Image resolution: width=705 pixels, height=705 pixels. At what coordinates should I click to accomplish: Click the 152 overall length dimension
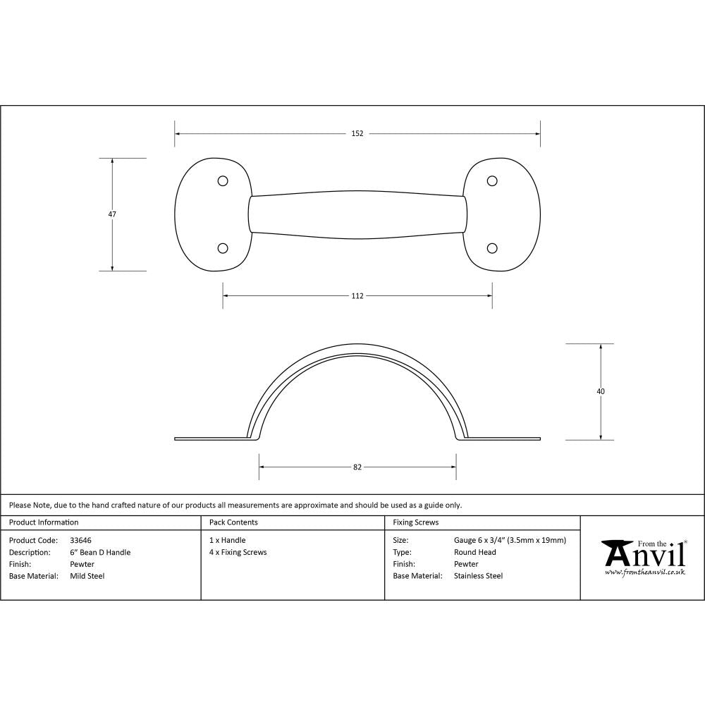coord(357,134)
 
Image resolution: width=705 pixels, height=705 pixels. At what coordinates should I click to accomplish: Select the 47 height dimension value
coord(112,214)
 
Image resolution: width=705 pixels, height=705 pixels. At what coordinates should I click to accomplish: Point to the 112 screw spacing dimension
coord(357,296)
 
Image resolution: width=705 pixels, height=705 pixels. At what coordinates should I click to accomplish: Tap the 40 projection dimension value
coord(601,391)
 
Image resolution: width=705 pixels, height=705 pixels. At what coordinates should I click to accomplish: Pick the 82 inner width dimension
coord(357,467)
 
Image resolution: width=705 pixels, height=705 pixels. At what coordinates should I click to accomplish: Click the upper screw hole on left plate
coord(223,181)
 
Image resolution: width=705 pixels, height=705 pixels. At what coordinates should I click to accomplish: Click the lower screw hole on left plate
coord(223,248)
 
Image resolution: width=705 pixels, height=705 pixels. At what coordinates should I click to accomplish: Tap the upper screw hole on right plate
coord(492,181)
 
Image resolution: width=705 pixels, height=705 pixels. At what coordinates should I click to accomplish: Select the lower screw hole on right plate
coord(492,248)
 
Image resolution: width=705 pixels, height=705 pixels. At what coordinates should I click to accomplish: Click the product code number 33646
coord(80,541)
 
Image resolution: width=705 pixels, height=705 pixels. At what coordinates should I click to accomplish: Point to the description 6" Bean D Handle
coord(100,553)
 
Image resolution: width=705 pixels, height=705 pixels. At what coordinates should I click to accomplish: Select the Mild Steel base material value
coord(87,576)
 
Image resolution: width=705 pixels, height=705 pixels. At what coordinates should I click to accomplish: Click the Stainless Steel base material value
coord(478,576)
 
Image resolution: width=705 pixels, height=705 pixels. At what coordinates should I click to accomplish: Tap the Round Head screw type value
coord(474,553)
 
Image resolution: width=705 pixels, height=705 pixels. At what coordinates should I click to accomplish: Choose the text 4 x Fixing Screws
coord(238,553)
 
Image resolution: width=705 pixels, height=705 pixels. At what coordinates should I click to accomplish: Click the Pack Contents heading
coord(233,522)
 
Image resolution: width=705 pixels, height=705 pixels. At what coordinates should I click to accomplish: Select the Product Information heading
coord(44,522)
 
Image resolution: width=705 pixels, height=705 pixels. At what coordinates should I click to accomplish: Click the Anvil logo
coord(642,557)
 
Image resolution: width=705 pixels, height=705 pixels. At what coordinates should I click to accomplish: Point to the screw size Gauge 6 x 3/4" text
coord(510,541)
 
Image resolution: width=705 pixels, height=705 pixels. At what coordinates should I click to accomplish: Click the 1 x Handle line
coord(227,541)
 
